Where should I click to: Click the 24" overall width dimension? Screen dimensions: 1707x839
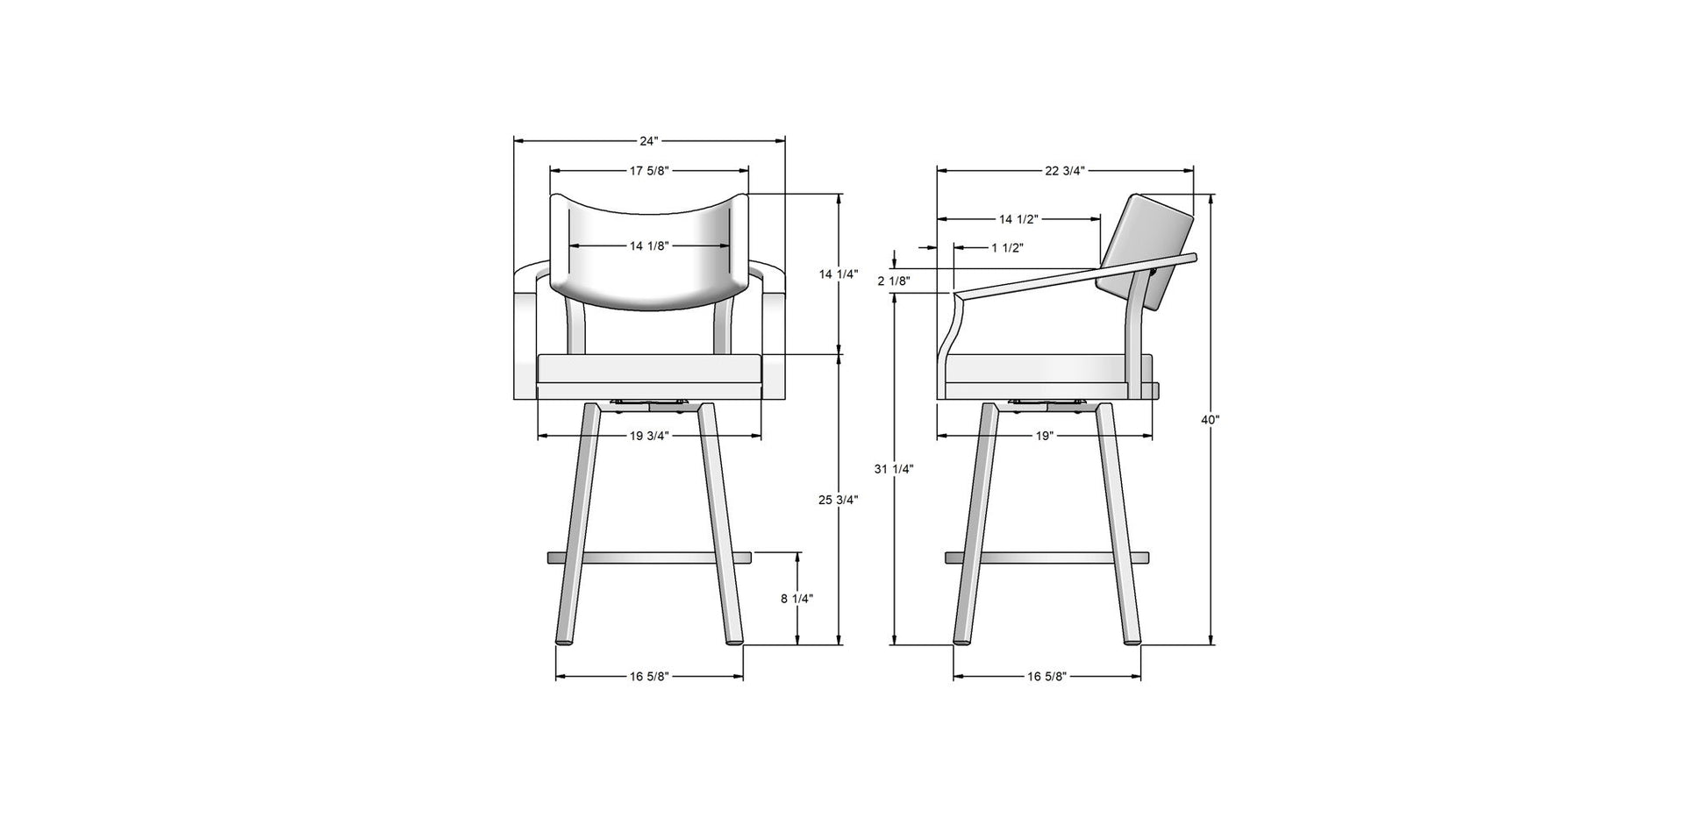click(x=648, y=140)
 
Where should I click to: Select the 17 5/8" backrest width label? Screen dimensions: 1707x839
click(x=649, y=170)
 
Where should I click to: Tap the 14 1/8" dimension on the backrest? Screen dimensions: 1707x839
click(x=649, y=246)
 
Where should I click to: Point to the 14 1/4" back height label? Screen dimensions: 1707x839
click(x=839, y=274)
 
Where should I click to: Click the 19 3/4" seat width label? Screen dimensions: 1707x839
click(x=648, y=436)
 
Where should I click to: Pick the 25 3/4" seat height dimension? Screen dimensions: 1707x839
click(x=839, y=501)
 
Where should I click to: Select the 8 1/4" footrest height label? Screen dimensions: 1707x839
click(x=796, y=599)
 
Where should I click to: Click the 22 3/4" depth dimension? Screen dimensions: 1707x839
click(x=1065, y=170)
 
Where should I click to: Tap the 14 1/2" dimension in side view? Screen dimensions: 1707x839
click(x=1019, y=218)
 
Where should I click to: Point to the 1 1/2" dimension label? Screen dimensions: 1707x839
click(x=1007, y=248)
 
